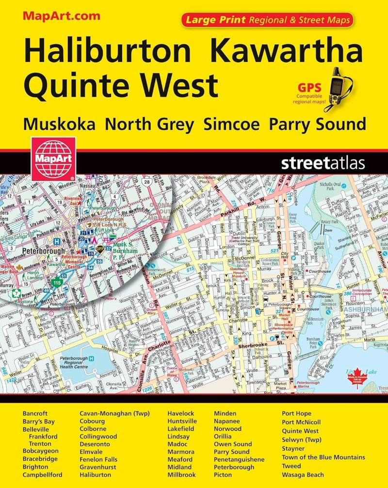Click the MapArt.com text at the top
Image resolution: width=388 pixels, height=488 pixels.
coord(61,16)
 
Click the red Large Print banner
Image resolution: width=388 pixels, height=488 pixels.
coord(267,20)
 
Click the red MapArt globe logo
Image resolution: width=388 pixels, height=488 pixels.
coord(53,158)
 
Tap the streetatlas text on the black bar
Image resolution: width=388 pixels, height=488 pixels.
coord(323,163)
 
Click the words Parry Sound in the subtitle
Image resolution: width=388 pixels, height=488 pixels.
coord(317,124)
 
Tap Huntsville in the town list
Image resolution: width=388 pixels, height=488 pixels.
coord(182,422)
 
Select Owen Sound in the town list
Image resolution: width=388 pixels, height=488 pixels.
coord(233,444)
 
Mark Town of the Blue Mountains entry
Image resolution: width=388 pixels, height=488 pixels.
coord(323,457)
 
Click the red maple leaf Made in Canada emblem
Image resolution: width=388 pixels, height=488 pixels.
coord(359,377)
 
